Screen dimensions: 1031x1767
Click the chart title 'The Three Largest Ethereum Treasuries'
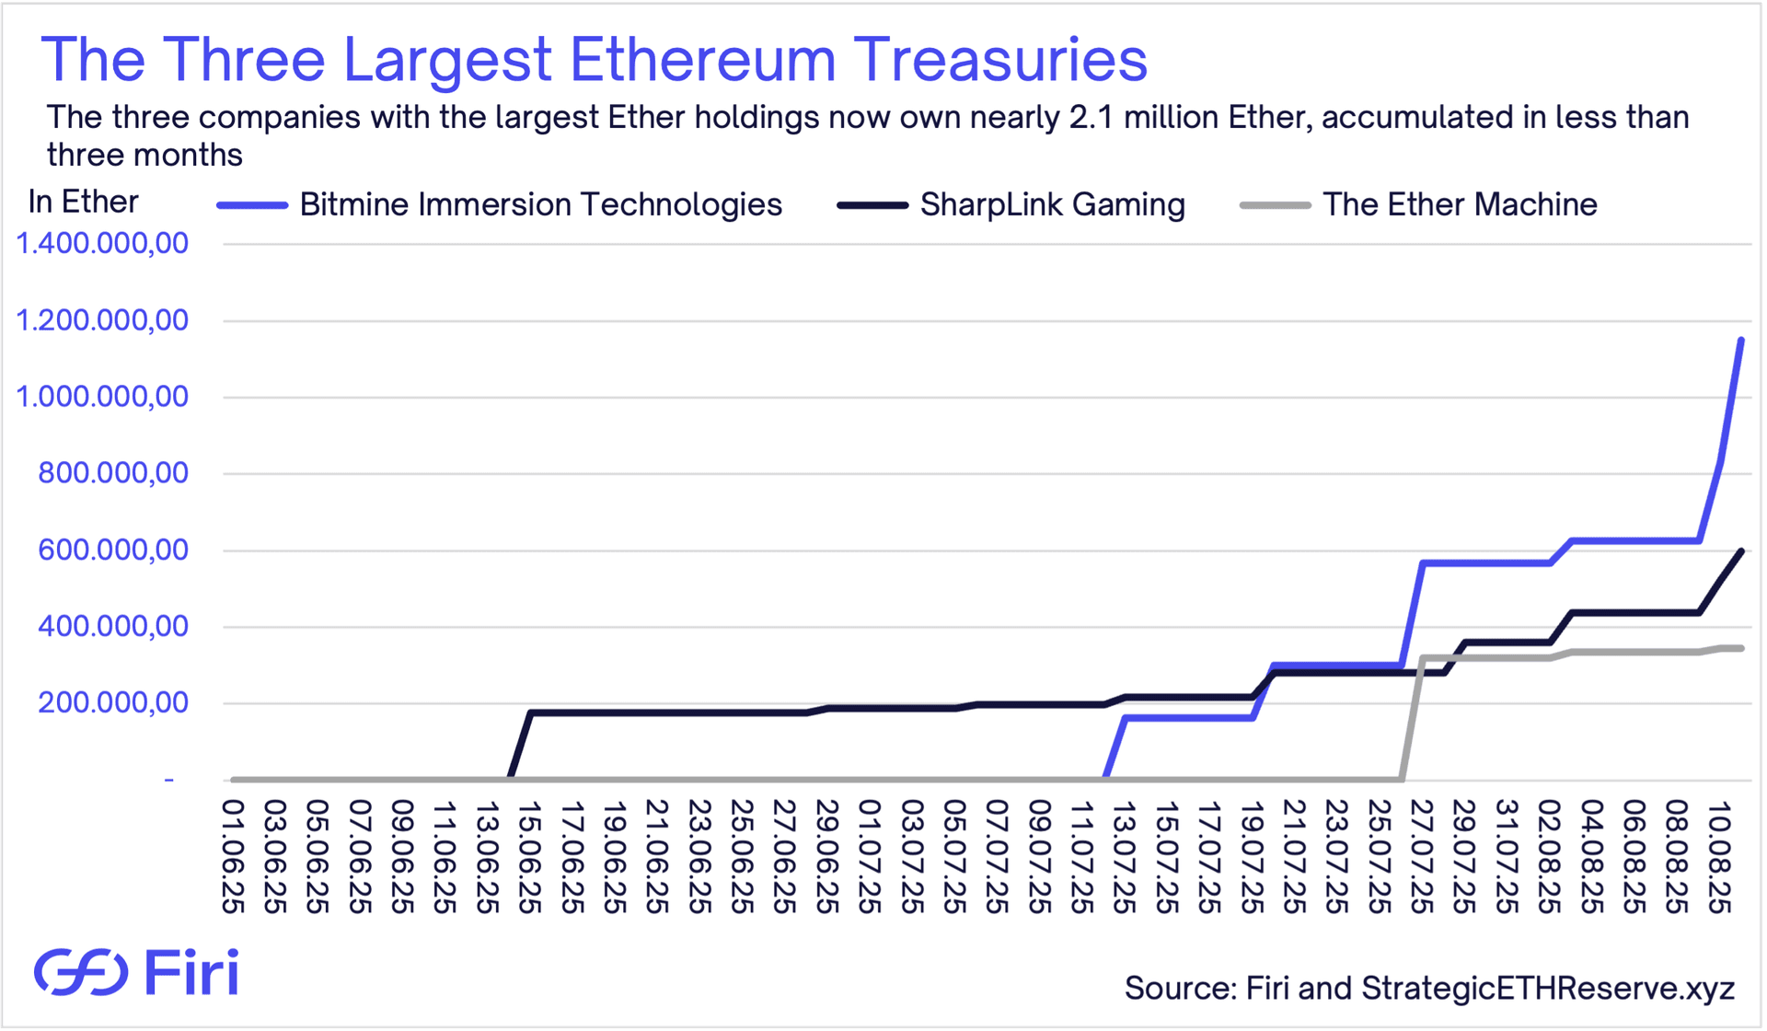594,59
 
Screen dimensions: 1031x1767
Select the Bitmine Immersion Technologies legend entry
540,204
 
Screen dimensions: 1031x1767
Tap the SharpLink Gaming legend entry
1052,204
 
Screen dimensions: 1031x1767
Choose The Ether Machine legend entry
1459,204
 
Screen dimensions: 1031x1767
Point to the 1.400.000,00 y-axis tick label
102,244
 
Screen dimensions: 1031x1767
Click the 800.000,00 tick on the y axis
112,473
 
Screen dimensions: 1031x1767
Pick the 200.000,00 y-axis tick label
112,703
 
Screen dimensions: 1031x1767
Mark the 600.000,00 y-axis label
112,550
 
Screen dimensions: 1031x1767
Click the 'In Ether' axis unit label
83,202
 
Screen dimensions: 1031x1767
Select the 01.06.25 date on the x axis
234,856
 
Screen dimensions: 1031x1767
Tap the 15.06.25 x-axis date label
530,856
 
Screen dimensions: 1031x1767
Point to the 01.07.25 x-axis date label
870,856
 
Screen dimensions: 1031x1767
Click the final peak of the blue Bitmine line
1740,341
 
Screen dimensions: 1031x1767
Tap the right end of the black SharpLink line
1740,551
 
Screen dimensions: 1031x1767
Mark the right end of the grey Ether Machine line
1740,648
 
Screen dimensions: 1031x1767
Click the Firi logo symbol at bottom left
81,972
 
